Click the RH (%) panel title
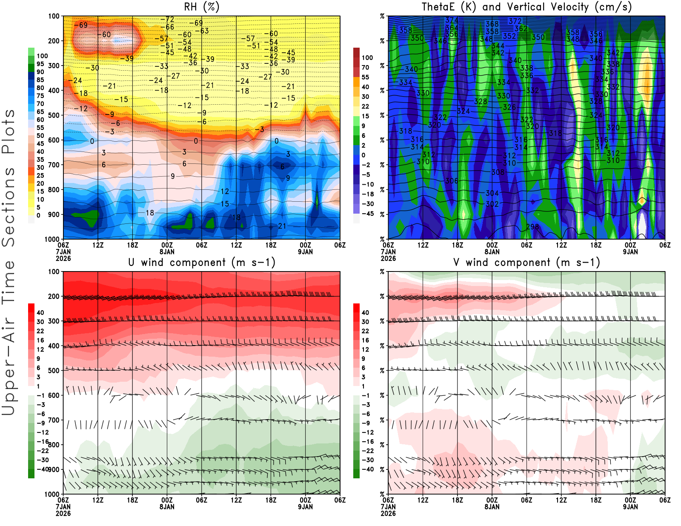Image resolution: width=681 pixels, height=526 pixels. click(202, 7)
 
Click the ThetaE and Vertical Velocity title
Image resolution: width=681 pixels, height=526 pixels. click(526, 7)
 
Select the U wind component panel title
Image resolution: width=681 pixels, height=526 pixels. click(202, 262)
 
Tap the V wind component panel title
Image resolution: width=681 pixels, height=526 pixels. click(526, 262)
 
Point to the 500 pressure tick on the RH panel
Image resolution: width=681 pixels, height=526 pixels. click(54, 115)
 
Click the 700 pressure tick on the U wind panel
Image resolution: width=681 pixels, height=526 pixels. click(54, 420)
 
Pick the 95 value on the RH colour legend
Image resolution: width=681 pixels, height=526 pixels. click(40, 64)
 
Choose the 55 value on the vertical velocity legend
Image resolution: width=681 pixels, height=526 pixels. click(365, 77)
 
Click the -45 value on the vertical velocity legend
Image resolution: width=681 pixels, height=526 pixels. click(368, 214)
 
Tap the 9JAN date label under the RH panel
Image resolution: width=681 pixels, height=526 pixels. click(305, 252)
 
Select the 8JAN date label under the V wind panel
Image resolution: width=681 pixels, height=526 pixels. click(492, 507)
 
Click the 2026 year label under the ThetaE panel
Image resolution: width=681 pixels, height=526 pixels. click(388, 258)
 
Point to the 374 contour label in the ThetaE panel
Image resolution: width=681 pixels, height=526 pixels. click(452, 20)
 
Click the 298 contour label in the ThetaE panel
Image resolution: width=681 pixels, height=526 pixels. click(532, 227)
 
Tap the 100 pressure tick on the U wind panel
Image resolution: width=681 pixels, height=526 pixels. click(54, 272)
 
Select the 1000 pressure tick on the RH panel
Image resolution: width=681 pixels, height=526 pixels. click(52, 239)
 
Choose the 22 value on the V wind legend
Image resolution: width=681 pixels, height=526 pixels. click(365, 331)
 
